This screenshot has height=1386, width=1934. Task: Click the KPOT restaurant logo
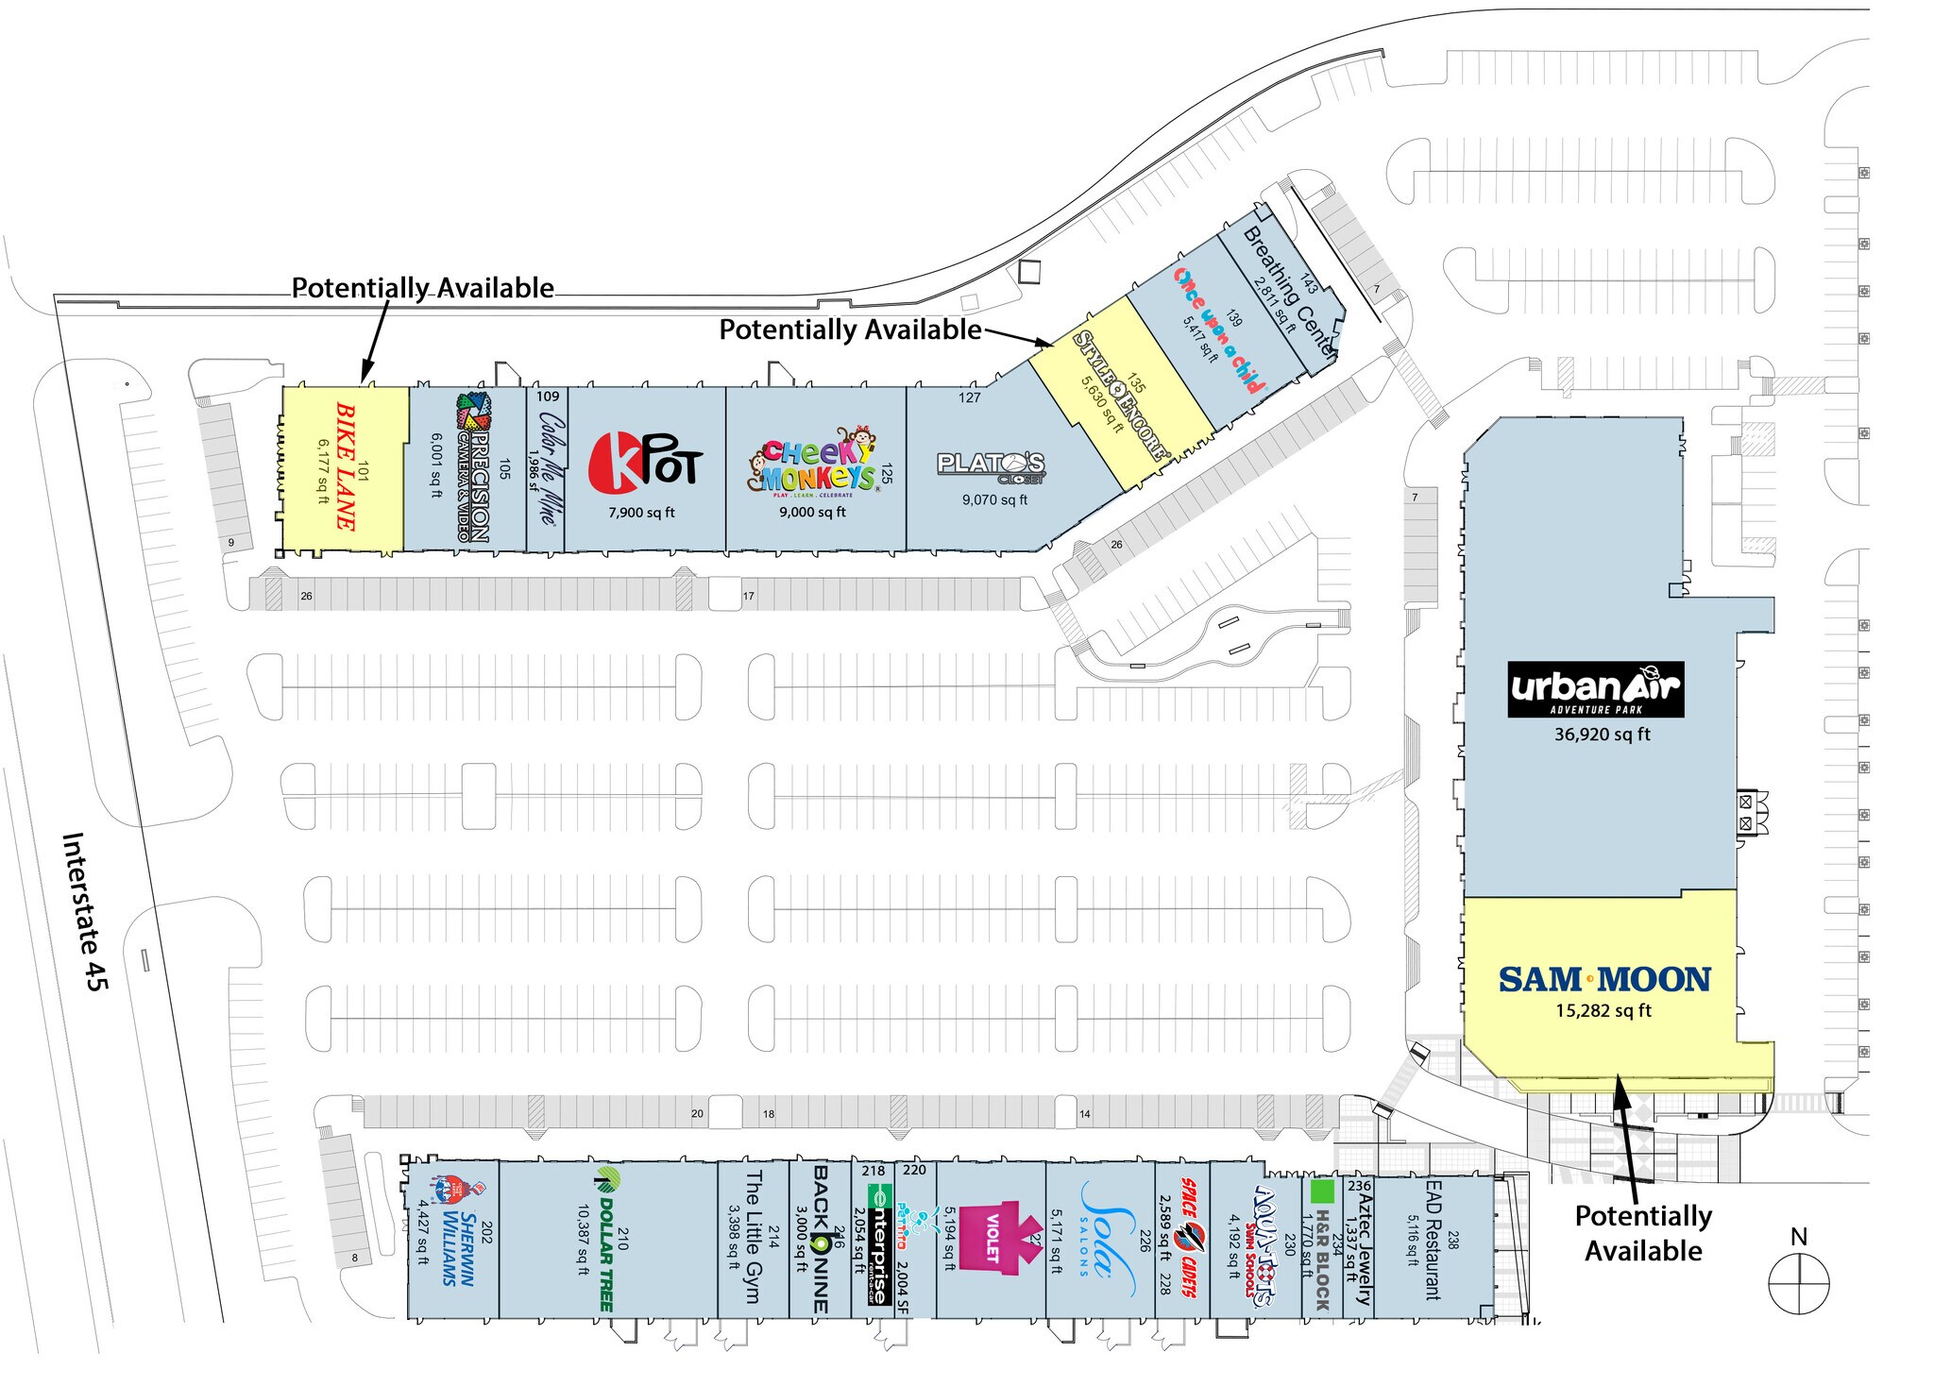tap(645, 463)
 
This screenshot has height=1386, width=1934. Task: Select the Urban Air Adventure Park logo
tap(1596, 689)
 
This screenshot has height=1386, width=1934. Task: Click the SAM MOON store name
tap(1604, 980)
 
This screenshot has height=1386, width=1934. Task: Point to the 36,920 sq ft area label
tap(1603, 735)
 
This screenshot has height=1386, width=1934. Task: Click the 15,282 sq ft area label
tap(1603, 1011)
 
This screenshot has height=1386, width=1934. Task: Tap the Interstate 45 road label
tap(86, 911)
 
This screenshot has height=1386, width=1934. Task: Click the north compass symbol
tap(1799, 1283)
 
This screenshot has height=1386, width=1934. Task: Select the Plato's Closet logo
tap(992, 466)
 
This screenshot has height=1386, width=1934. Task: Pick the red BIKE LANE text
tap(346, 466)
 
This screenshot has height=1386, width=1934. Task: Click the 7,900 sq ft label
tap(641, 513)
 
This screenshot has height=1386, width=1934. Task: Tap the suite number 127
tap(970, 397)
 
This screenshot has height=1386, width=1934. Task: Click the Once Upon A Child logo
tap(1218, 330)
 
